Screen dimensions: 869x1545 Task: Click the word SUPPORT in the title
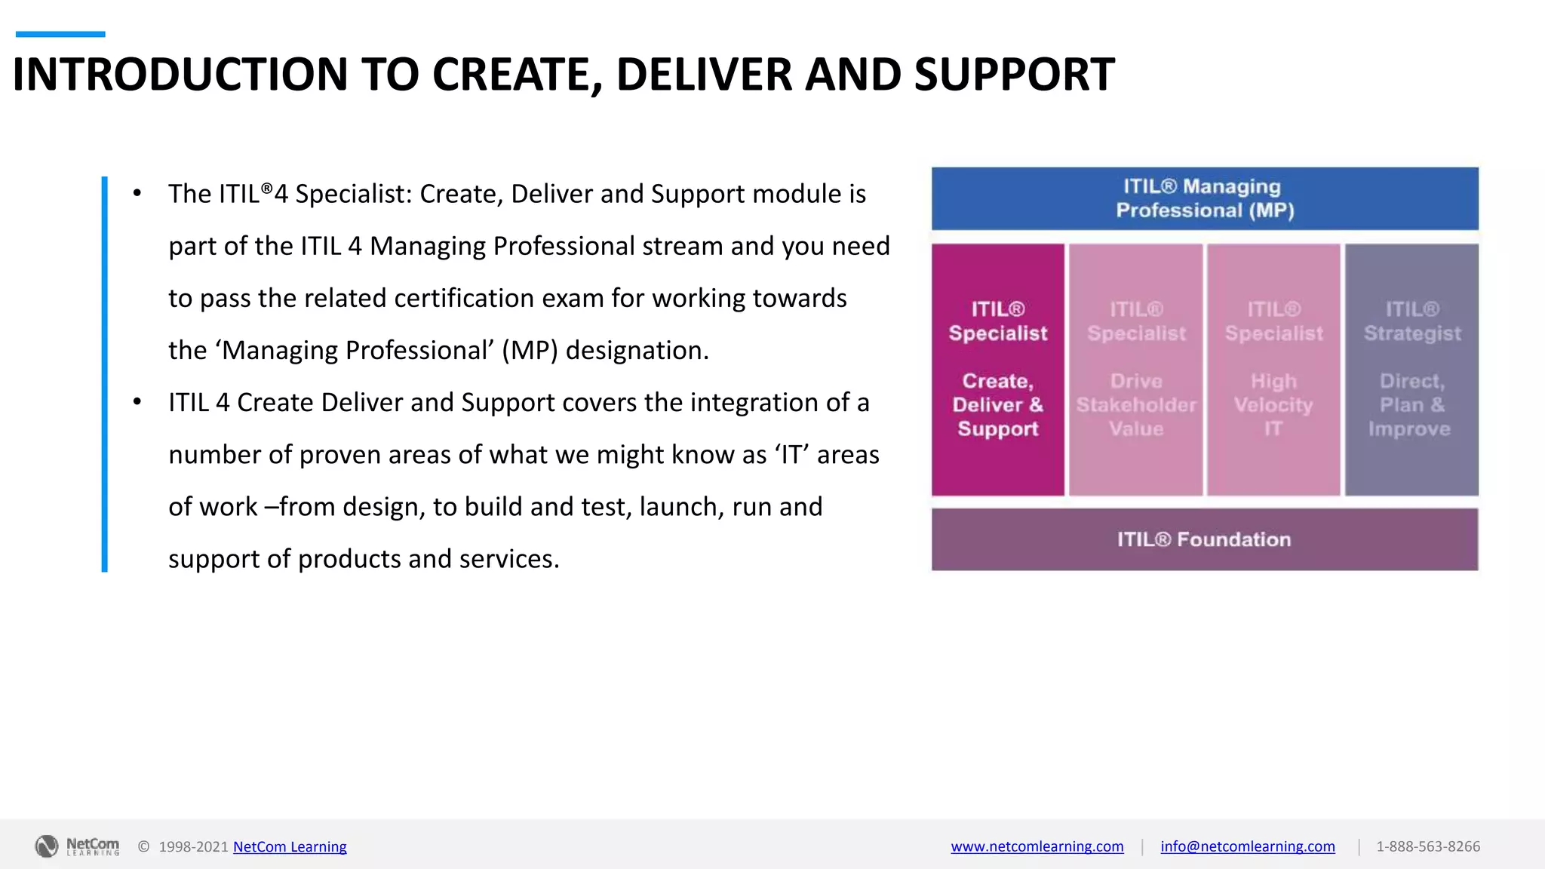click(x=1014, y=75)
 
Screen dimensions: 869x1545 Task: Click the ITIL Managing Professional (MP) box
click(x=1205, y=198)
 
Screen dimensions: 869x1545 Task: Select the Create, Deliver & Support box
click(x=997, y=370)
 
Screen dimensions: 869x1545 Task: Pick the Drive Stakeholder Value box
click(x=1135, y=370)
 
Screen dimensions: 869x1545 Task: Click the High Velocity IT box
click(x=1273, y=370)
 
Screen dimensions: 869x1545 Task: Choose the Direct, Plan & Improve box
click(x=1411, y=370)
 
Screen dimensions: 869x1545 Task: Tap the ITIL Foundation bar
click(x=1205, y=539)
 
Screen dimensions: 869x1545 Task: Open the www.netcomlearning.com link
click(x=1037, y=846)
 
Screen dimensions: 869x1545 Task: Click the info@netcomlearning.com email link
click(x=1247, y=846)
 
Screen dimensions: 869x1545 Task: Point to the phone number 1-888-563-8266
click(x=1427, y=846)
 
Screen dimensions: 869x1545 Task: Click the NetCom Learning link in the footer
click(x=290, y=846)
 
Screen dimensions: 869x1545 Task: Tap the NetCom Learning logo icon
click(x=47, y=846)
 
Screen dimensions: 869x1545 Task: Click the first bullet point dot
click(x=137, y=194)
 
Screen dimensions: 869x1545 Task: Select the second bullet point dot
click(x=137, y=403)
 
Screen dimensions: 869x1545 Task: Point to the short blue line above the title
click(x=60, y=34)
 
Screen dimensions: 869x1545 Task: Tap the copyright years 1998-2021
click(x=193, y=846)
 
